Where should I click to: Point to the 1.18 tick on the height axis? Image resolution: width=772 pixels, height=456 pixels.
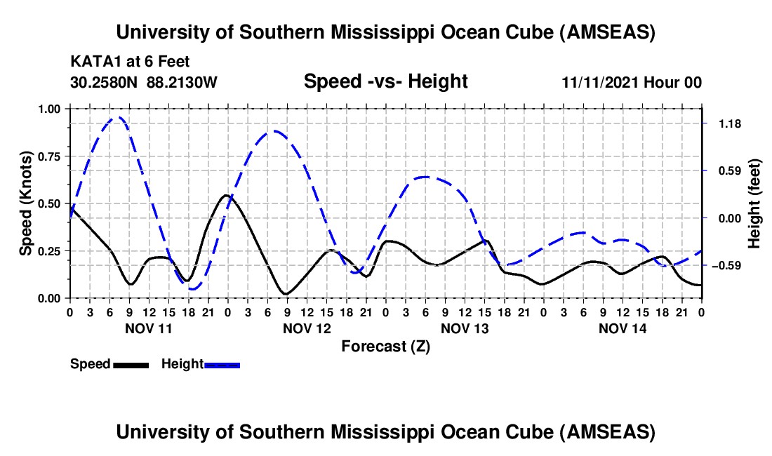729,123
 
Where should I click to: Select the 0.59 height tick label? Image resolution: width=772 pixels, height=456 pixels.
729,170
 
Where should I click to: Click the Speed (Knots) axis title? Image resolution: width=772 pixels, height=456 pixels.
25,203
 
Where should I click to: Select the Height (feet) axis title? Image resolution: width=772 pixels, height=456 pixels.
754,203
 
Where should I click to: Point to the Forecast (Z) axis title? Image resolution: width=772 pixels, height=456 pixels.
385,346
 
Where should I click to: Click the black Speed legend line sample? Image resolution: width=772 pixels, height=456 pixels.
130,365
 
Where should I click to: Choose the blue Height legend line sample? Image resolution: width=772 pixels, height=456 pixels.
222,365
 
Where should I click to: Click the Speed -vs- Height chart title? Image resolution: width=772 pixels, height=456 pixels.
385,81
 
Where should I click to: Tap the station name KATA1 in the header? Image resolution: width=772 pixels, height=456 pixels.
92,62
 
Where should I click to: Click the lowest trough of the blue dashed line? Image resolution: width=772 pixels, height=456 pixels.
193,289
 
